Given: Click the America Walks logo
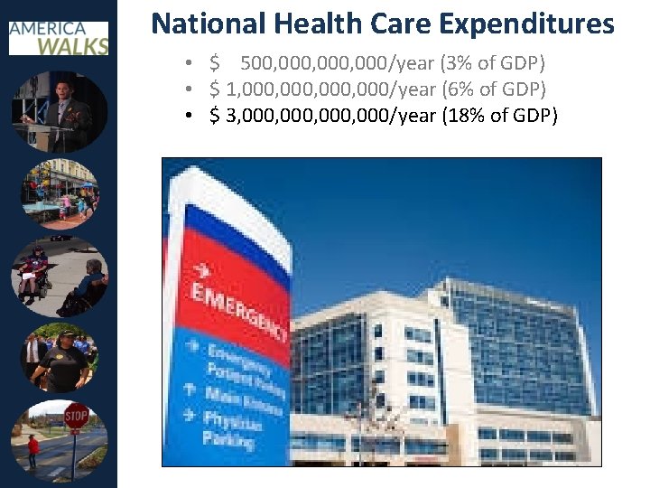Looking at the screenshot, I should (59, 37).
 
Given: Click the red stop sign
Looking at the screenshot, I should (76, 418).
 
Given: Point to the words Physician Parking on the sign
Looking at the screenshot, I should (228, 429).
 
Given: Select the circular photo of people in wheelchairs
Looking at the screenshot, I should (60, 277).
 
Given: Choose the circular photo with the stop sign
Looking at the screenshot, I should (60, 441).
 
